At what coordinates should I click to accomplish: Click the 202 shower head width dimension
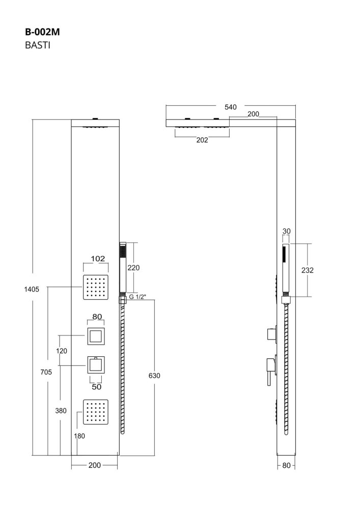pos(202,140)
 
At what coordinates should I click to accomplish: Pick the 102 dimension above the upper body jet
pos(98,259)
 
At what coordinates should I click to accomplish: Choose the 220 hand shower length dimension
pos(133,267)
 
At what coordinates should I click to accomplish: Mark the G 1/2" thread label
pos(137,297)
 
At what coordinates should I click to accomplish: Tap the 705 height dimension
pos(46,372)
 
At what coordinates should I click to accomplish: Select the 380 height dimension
pos(61,411)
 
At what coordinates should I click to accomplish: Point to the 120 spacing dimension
pos(62,351)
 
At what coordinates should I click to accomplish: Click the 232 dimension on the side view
pos(307,270)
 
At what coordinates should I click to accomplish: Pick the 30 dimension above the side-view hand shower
pos(286,231)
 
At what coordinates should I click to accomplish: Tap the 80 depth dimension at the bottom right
pos(286,465)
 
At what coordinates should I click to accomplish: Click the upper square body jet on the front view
pos(97,287)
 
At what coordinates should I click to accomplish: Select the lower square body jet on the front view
pos(97,412)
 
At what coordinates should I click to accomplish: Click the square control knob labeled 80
pos(96,336)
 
